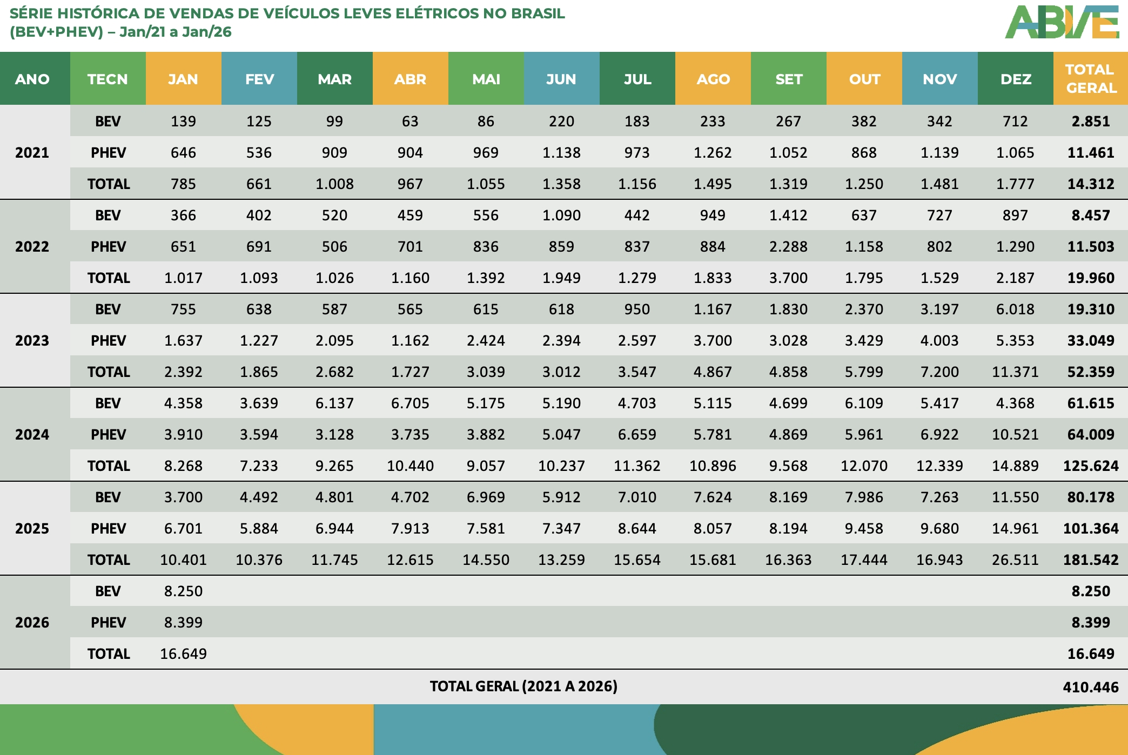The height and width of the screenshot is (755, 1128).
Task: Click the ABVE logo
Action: [1062, 23]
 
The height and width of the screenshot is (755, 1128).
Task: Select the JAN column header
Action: [183, 79]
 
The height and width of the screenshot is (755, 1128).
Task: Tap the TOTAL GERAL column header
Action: [1090, 79]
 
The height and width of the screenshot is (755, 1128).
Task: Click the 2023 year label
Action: [32, 341]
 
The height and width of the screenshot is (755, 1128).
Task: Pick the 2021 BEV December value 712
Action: [1015, 122]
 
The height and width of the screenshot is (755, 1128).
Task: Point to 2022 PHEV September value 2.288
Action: [788, 247]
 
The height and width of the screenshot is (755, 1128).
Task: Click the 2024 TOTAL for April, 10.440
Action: [410, 466]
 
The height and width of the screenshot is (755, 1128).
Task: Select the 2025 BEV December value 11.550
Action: [1015, 497]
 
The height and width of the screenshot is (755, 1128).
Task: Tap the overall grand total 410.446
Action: [1090, 687]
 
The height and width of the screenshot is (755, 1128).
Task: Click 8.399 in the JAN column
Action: [183, 623]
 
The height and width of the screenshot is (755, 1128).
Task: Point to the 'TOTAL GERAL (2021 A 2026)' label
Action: [523, 686]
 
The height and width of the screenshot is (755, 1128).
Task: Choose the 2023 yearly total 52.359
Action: [1090, 372]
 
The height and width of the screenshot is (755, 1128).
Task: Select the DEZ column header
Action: [1015, 79]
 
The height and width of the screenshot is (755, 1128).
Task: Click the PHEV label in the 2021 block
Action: [108, 153]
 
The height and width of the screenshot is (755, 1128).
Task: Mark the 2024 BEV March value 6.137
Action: [334, 403]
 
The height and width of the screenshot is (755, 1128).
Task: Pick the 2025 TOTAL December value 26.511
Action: [1015, 560]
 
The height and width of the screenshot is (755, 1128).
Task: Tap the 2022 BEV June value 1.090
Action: [561, 215]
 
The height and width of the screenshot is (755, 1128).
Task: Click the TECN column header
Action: [108, 79]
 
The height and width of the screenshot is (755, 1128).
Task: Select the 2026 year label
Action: [32, 623]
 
